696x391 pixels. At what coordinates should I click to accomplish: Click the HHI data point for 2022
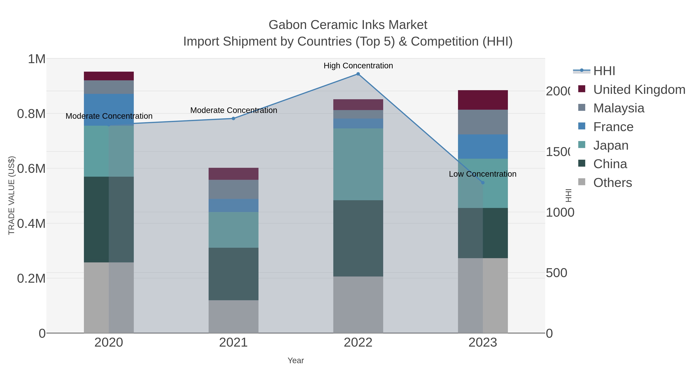tap(358, 74)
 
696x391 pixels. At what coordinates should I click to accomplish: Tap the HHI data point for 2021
tap(233, 119)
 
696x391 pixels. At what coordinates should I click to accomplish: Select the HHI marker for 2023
tap(483, 183)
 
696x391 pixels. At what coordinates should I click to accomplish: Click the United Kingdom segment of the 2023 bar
tap(483, 100)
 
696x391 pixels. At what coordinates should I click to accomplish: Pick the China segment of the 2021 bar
tap(233, 274)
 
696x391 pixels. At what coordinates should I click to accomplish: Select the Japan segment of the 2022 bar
tap(358, 164)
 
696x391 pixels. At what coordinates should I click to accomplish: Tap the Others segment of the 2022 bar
tap(358, 305)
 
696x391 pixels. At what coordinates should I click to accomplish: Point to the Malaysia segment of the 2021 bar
tap(233, 189)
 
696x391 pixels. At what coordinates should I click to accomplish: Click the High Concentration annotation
tap(358, 66)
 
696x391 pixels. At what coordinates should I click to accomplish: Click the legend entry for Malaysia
tap(618, 108)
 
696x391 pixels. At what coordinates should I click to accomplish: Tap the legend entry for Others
tap(612, 183)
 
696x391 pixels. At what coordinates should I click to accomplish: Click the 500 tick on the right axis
tap(556, 273)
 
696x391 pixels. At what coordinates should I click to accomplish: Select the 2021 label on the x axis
tap(233, 343)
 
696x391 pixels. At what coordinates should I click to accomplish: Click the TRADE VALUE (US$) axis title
tap(11, 195)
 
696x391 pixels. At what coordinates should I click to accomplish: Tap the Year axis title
tap(296, 360)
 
